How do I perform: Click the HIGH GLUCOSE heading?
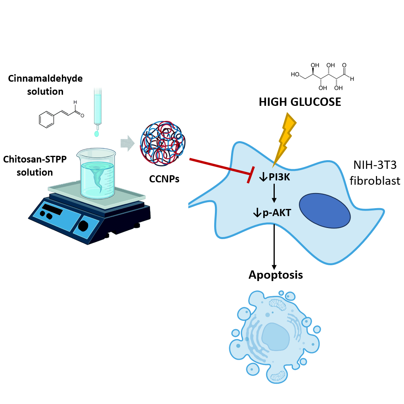(x=300, y=102)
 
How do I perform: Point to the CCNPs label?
(x=164, y=179)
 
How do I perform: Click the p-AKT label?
(x=276, y=213)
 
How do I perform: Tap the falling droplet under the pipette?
(x=96, y=134)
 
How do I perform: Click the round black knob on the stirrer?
(x=83, y=226)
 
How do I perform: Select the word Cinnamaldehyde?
(x=45, y=78)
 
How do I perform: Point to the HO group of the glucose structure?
(x=295, y=74)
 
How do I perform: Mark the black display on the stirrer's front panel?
(x=52, y=209)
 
